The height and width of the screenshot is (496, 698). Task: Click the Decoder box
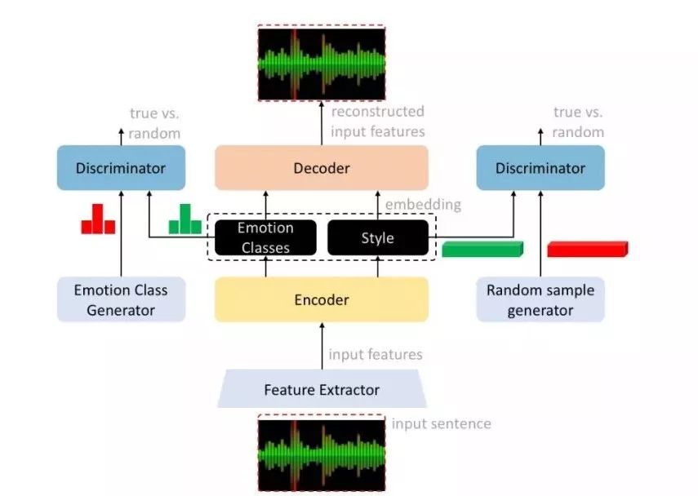pos(321,168)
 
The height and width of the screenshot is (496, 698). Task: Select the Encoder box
pos(321,299)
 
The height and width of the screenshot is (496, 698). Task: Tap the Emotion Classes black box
pos(265,237)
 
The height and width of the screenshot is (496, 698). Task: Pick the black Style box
pos(377,237)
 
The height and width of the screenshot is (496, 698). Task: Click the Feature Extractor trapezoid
pos(321,389)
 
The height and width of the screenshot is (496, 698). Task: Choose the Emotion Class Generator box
pos(121,299)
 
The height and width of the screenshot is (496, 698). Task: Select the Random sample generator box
pos(540,299)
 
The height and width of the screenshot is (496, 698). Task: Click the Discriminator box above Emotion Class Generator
pos(121,168)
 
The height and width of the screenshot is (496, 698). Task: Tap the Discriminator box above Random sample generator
pos(540,168)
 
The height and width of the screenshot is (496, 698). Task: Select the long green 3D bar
pos(481,249)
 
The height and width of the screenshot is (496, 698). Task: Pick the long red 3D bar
pos(586,249)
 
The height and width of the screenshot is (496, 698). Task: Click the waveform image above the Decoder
pos(321,63)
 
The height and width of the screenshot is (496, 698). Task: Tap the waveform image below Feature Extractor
pos(321,454)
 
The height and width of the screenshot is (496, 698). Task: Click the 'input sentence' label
pos(441,423)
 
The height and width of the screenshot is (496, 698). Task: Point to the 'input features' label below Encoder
pos(375,354)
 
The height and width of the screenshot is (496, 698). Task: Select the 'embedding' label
pos(422,204)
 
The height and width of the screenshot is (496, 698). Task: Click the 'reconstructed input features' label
pos(377,120)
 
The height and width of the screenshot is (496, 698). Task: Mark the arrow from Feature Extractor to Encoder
pos(322,346)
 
